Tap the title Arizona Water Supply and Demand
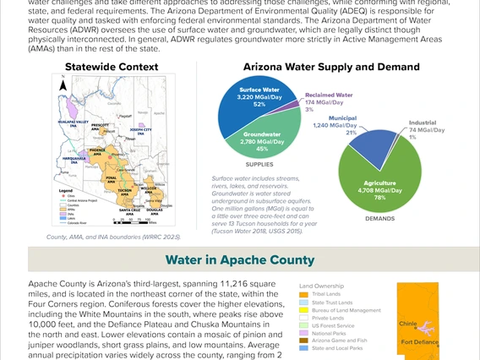[331, 67]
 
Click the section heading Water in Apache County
[240, 259]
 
